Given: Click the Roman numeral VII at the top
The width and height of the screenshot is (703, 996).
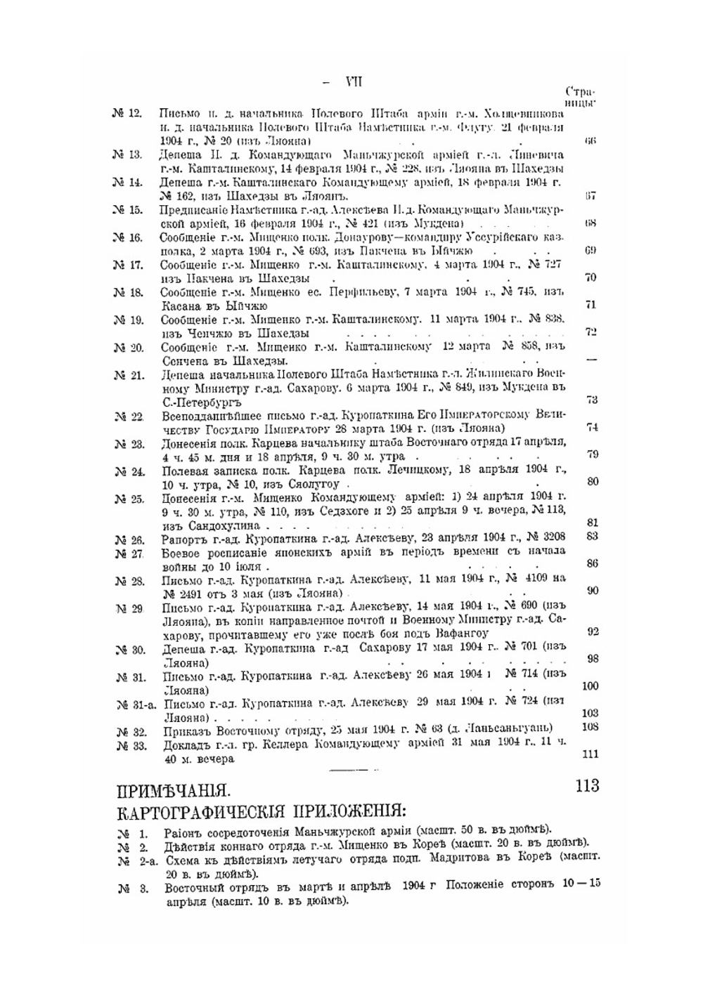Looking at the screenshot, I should coord(354,81).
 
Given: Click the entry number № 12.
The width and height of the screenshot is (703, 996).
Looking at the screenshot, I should coord(127,113).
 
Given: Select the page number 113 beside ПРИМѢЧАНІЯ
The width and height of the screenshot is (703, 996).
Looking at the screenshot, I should coord(587,785).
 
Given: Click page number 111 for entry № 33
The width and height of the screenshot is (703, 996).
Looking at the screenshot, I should coord(591,753).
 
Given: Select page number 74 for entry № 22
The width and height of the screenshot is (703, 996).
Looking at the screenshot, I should coord(591,427).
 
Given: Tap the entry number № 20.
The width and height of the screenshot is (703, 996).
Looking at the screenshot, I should coord(127,348).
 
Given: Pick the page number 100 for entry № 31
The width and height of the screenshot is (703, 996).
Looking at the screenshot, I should coord(591,686).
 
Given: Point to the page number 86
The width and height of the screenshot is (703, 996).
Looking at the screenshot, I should coord(592,563).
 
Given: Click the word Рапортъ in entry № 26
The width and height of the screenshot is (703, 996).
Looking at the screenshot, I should coord(183,539).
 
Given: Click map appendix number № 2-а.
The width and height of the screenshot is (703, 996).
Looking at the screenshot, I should coord(137,862).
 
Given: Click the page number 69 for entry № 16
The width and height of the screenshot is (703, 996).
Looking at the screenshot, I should coord(591,250).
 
